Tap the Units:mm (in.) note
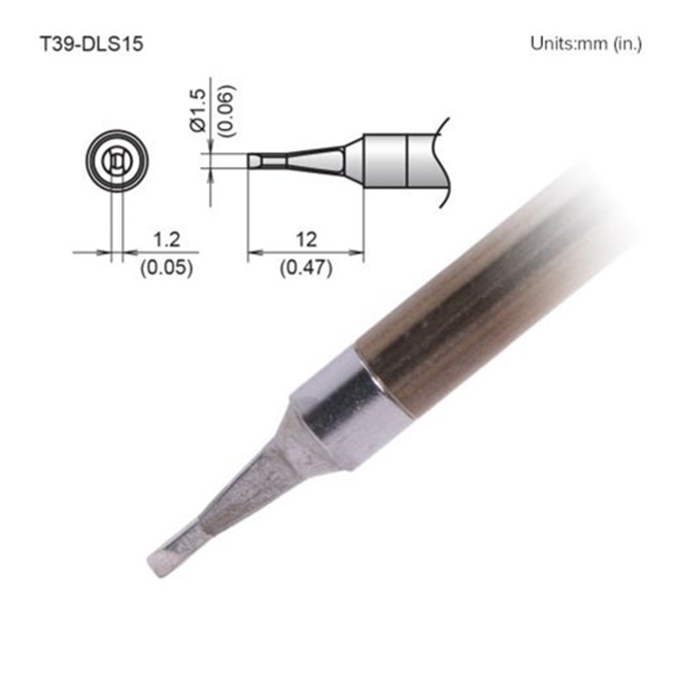pos(584,44)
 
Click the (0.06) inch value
pos(227,115)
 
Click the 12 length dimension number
pos(306,239)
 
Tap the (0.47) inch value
pos(306,267)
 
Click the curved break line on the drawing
pos(444,161)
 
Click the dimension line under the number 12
pos(306,253)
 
